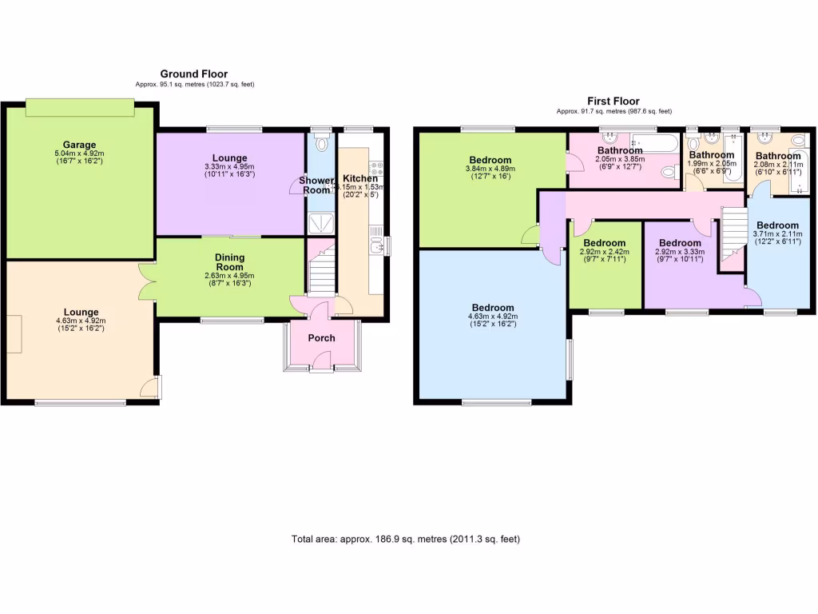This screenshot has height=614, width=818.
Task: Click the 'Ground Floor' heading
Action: pos(194,74)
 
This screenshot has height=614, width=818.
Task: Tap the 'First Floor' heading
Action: pos(613,101)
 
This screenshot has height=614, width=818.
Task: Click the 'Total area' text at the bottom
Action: pos(406,539)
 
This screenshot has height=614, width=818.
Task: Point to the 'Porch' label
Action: pos(322,338)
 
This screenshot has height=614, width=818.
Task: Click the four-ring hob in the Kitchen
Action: pos(375,169)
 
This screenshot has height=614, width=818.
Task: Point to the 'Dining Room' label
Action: pos(230,262)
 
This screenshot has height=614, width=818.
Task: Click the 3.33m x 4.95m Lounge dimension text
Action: pos(230,166)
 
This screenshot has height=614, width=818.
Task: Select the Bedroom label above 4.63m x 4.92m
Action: pos(492,308)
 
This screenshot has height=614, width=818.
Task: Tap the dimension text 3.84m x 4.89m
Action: pos(490,169)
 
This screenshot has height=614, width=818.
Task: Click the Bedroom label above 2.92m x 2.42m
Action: pos(605,243)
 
